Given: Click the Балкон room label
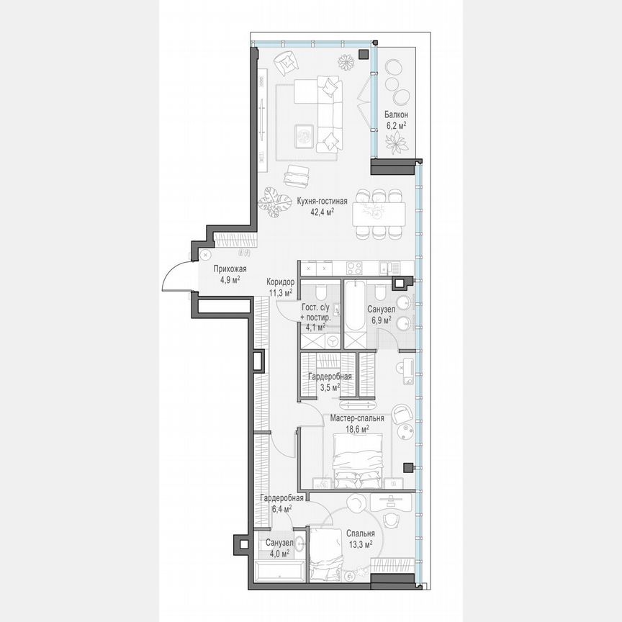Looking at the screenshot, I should (396, 114).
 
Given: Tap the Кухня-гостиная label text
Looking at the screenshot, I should (322, 202).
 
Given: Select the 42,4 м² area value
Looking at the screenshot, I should (322, 212).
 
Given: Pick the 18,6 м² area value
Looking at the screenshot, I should (356, 428).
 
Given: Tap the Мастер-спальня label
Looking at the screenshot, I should (356, 418).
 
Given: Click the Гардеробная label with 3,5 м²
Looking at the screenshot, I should (330, 377).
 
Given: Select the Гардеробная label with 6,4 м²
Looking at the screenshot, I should (277, 498).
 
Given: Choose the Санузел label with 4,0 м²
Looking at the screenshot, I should (278, 542).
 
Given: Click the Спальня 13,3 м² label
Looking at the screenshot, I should (359, 533).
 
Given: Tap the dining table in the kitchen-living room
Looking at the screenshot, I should (379, 213).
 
